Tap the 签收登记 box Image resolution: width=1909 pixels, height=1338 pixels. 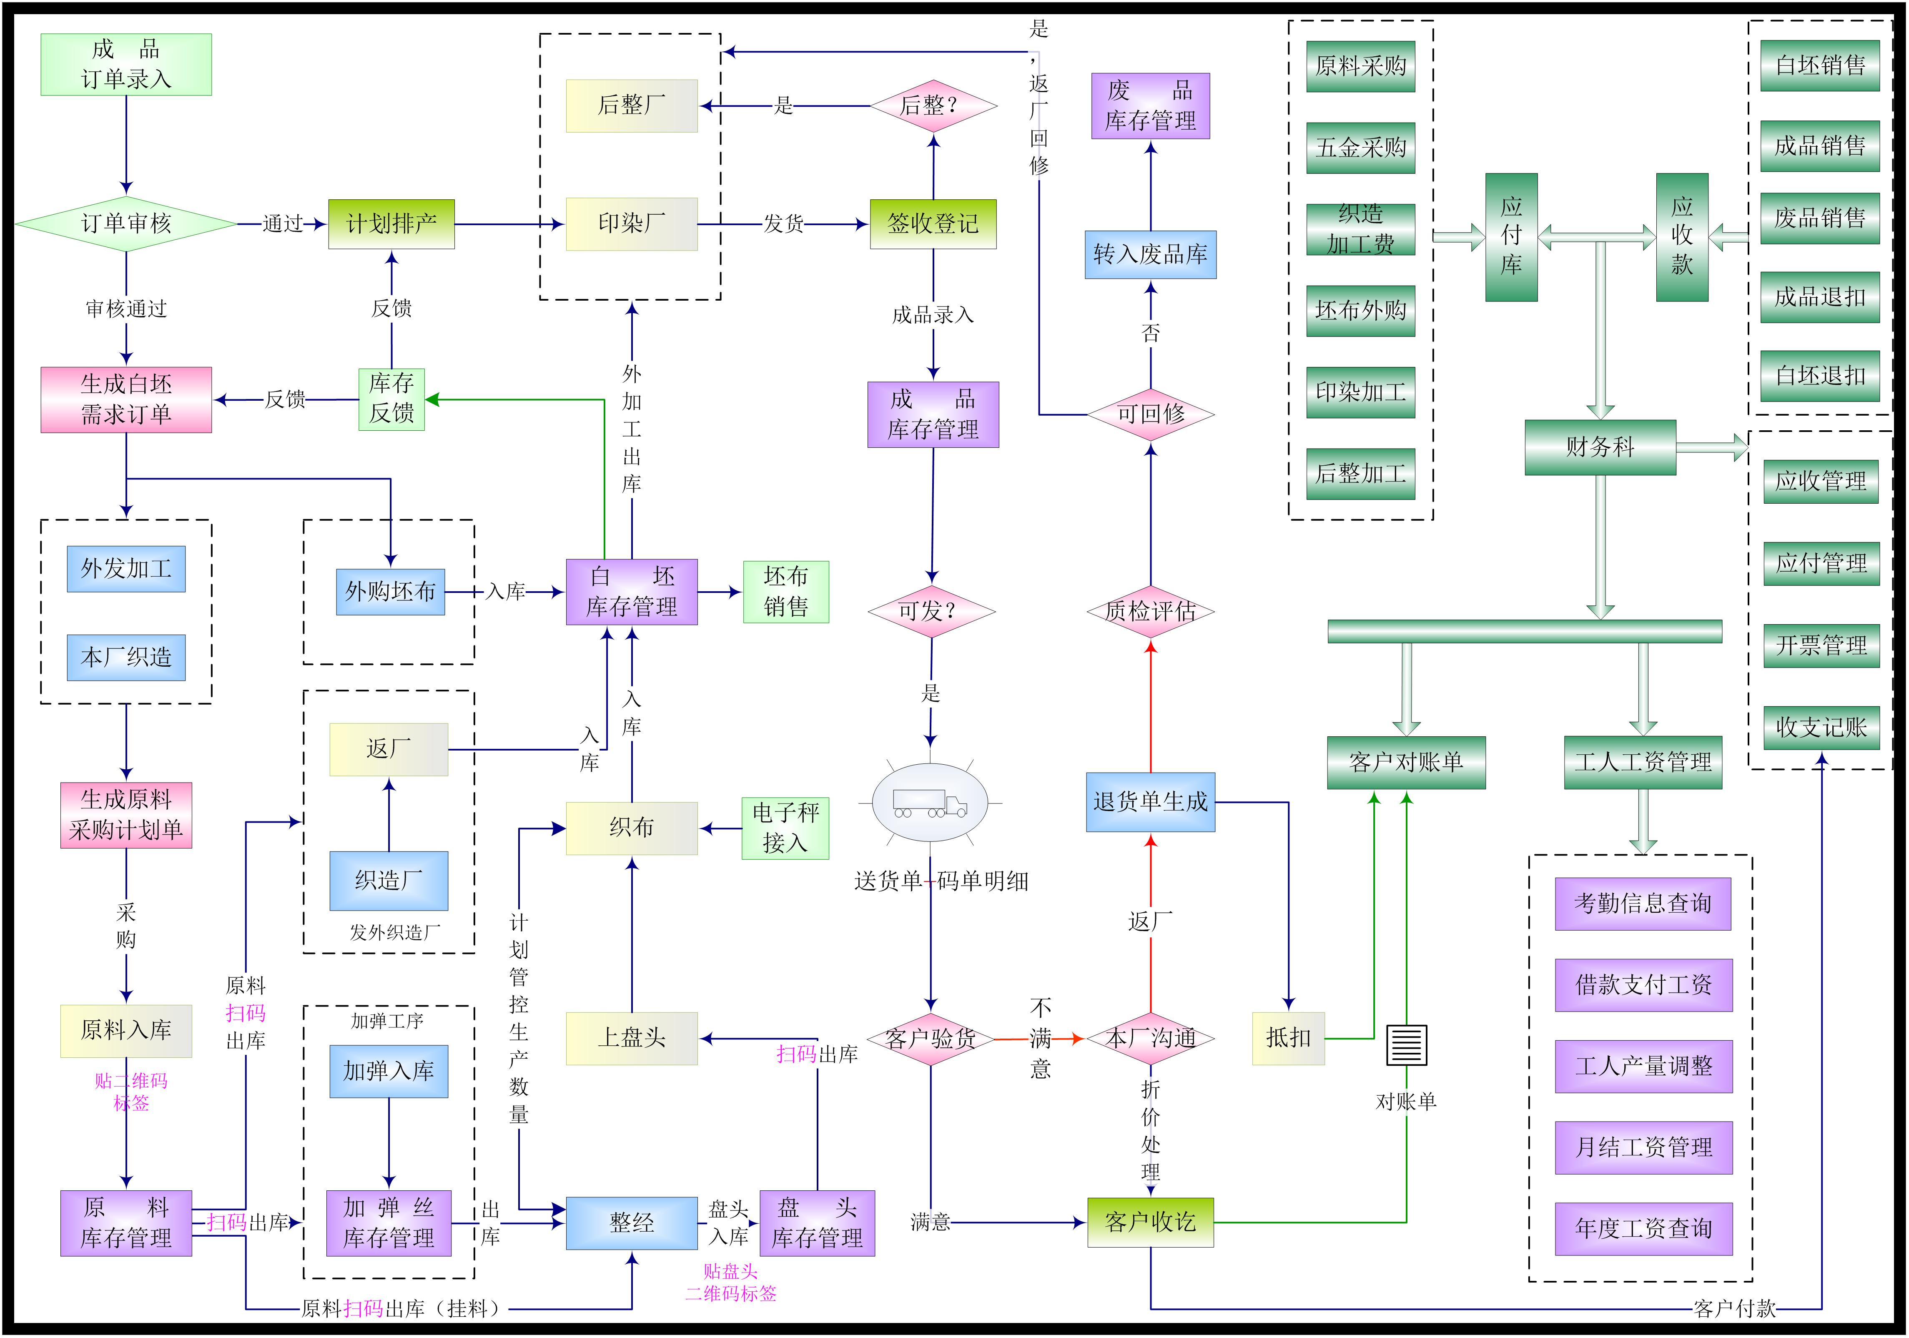pos(933,223)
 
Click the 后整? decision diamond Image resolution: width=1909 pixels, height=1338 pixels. pos(933,105)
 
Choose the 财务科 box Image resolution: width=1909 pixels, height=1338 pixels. pos(1600,447)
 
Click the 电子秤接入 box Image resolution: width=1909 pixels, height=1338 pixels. pos(785,828)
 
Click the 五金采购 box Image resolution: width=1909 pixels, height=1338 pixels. pos(1360,148)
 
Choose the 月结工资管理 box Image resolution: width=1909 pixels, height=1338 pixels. pos(1643,1147)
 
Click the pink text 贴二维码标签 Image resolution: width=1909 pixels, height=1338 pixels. pos(130,1092)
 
